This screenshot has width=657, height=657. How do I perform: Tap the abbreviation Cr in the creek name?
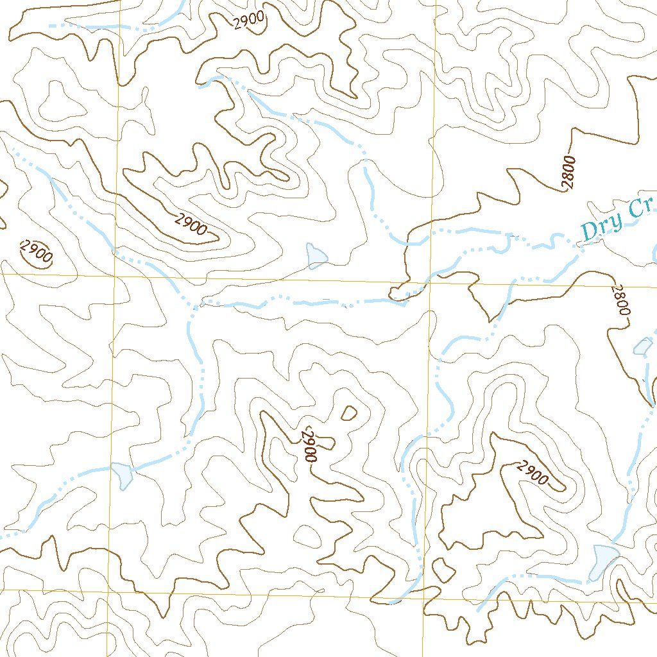(642, 209)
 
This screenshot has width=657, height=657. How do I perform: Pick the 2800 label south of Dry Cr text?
(621, 300)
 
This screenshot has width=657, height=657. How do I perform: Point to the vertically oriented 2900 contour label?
(311, 443)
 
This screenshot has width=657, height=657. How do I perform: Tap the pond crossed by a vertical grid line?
(121, 475)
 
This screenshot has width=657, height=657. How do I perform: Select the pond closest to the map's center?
(316, 255)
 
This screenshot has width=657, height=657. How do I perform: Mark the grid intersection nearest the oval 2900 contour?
(115, 275)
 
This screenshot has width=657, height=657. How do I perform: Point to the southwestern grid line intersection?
(108, 591)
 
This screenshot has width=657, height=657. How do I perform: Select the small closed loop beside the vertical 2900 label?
(350, 413)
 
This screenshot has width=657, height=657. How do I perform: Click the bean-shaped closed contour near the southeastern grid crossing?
(441, 568)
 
